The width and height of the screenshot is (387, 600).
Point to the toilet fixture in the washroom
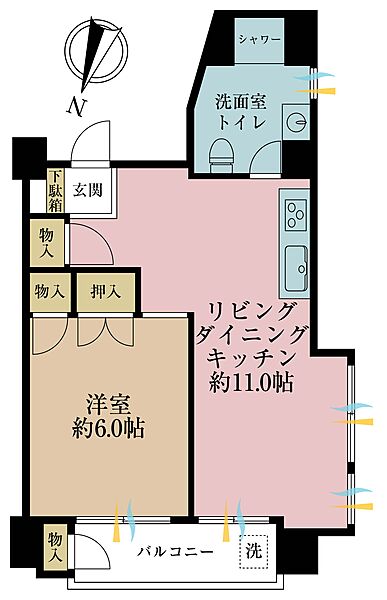point(223,151)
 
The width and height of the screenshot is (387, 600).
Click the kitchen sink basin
point(298,264)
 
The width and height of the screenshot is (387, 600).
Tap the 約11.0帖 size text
point(251,382)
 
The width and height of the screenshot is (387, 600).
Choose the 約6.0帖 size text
point(107,429)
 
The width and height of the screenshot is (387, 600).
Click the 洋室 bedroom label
point(107,405)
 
